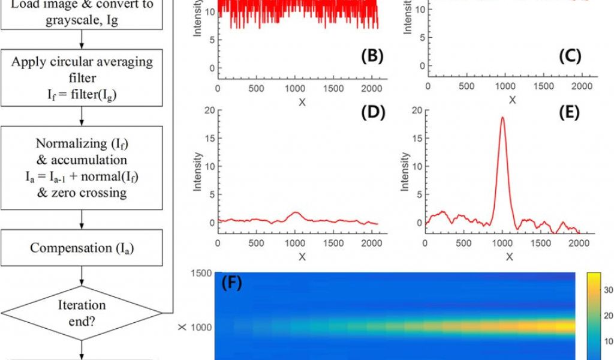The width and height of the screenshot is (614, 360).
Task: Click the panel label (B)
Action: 372,56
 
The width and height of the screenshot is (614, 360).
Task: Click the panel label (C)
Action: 570,56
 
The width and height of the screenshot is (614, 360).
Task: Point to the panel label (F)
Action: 231,283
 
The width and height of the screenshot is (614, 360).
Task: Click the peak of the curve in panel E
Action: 502,118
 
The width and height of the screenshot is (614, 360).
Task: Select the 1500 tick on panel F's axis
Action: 199,274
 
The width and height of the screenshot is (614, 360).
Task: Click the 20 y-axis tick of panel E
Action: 417,110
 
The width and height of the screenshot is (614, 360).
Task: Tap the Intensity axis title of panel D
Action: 198,172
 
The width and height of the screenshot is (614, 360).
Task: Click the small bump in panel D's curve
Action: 295,213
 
